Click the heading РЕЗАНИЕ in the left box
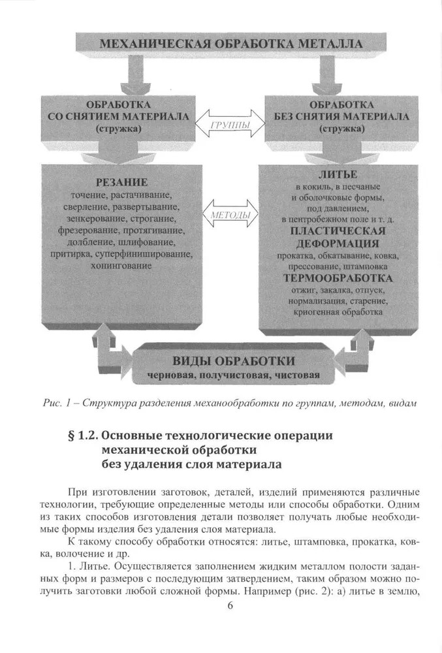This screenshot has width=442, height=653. click(x=122, y=182)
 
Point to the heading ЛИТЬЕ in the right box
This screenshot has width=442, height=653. click(x=338, y=174)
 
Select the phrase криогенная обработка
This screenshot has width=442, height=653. click(x=337, y=313)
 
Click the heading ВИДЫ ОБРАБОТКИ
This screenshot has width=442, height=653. click(x=233, y=361)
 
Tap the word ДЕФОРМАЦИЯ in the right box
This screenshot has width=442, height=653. click(x=337, y=243)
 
